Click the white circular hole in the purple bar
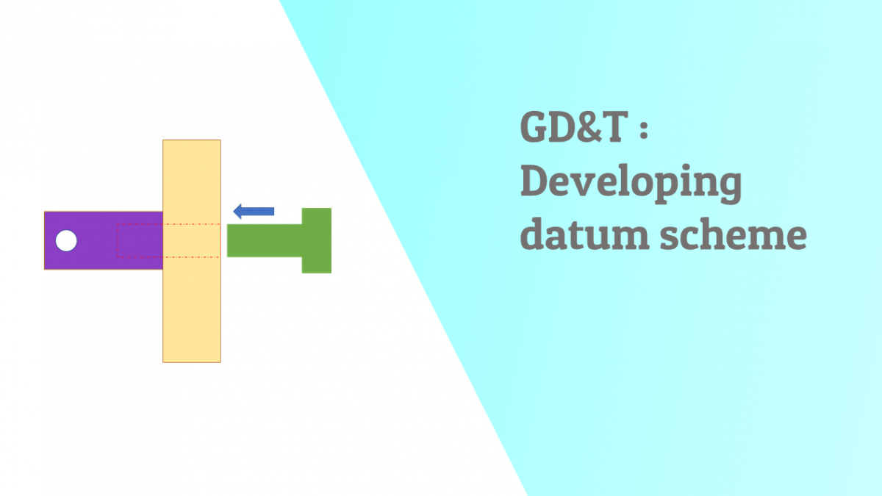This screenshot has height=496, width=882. click(x=66, y=240)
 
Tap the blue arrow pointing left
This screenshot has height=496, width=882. click(x=254, y=212)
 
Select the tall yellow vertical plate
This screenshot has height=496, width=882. click(x=191, y=309)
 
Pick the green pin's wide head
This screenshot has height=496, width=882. click(x=317, y=240)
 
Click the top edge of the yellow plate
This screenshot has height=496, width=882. click(x=191, y=140)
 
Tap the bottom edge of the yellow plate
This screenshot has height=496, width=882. click(x=191, y=362)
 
